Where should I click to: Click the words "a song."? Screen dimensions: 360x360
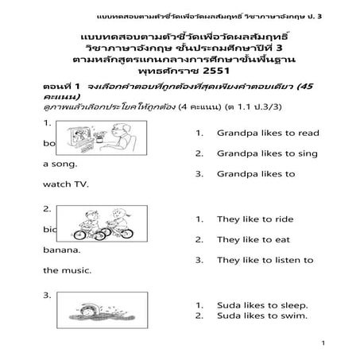point(60,164)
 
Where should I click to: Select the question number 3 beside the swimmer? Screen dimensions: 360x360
point(47,295)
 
